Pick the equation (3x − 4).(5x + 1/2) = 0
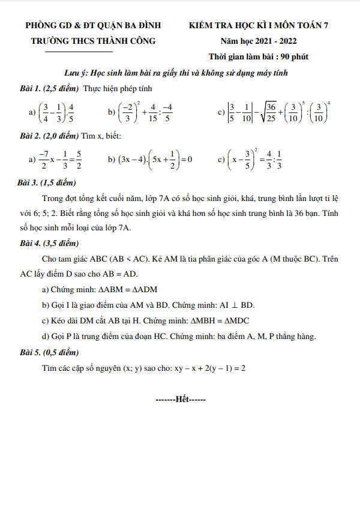click(149, 160)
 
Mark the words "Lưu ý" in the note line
click(76, 73)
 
